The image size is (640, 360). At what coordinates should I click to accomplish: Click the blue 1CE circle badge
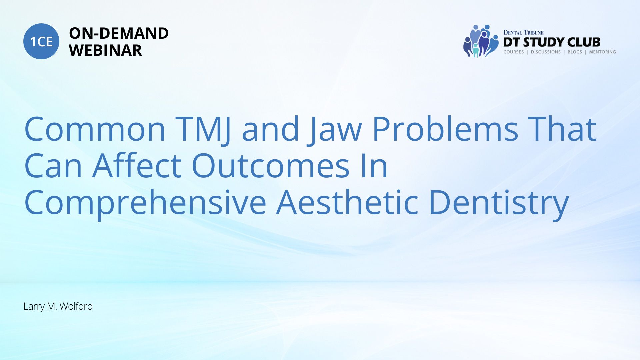tap(41, 41)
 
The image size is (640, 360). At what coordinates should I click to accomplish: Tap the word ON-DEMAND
tap(119, 33)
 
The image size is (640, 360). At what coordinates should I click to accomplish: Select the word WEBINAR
tap(105, 50)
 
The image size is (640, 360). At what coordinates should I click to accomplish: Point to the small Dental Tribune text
tap(523, 32)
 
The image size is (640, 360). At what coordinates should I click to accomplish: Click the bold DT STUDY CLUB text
tap(552, 42)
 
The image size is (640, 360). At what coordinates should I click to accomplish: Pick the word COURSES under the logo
tap(514, 52)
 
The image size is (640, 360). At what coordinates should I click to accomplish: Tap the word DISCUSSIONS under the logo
tap(546, 52)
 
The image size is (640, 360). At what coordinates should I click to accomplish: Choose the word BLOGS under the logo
tap(575, 52)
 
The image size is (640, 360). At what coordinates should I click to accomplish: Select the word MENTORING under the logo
tap(602, 52)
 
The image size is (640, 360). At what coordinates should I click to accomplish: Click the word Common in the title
tap(95, 129)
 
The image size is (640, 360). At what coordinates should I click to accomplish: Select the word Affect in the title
tap(137, 165)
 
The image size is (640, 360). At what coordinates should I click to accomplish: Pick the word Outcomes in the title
tap(271, 166)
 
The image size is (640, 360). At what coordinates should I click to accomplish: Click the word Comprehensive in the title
tap(145, 202)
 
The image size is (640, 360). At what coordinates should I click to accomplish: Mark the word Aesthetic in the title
tap(347, 201)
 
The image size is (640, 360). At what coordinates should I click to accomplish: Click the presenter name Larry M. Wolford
tap(58, 306)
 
